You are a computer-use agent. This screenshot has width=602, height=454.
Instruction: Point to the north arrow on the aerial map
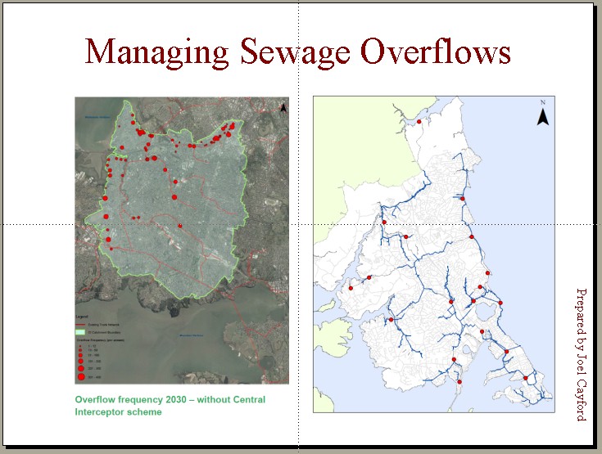pos(283,107)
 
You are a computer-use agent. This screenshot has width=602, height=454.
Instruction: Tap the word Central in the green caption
pos(249,400)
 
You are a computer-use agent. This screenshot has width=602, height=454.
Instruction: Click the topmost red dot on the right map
pos(419,122)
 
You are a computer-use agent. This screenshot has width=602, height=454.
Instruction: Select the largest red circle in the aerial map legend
pos(82,377)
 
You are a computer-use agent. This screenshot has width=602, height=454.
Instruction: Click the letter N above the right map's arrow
pos(542,102)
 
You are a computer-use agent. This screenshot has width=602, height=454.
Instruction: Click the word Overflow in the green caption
pos(97,400)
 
